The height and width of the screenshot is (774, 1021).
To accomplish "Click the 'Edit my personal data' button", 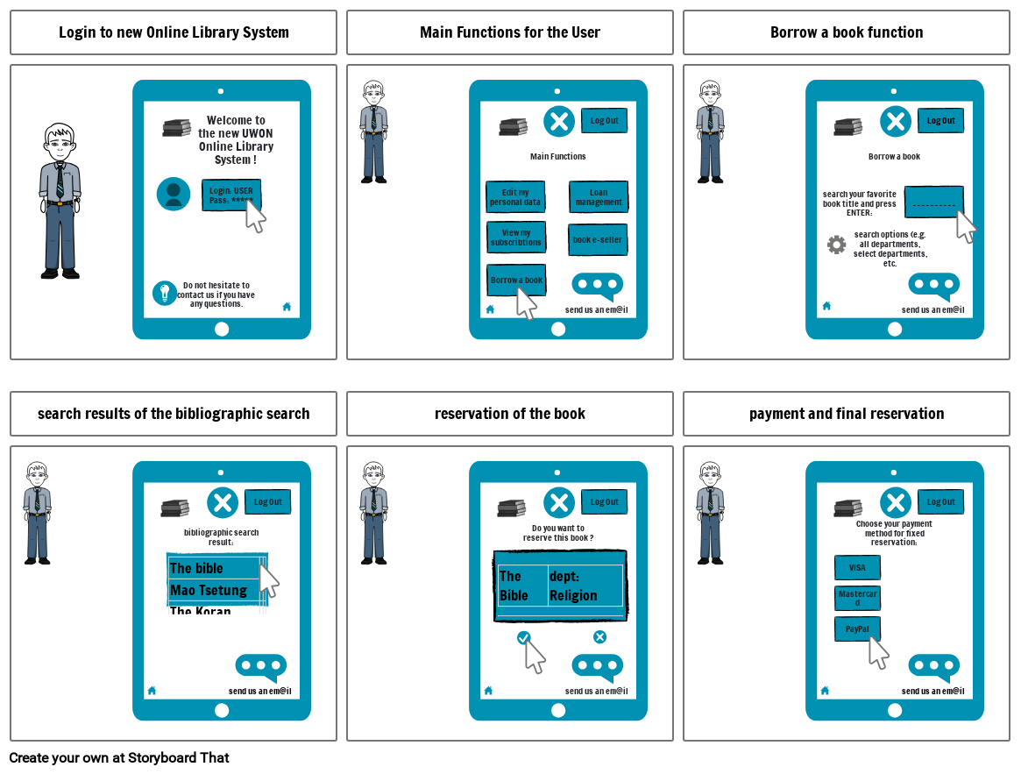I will click(x=515, y=197).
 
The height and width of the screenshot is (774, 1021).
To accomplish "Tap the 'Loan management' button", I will click(x=599, y=197).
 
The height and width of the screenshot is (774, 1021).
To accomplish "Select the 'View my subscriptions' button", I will click(x=516, y=238).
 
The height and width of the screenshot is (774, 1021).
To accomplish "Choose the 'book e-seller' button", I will click(x=598, y=239).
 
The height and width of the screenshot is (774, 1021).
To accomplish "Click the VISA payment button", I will click(x=857, y=567).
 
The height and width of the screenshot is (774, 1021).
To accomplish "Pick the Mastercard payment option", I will click(x=857, y=598).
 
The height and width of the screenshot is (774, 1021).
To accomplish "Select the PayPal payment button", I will click(x=857, y=628).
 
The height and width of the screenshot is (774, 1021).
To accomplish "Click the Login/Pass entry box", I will click(x=231, y=195).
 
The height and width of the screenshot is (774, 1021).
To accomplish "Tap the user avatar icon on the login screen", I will click(x=174, y=194).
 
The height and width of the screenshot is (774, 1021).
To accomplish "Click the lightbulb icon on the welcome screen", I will click(x=165, y=293).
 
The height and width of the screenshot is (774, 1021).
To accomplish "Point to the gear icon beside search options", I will click(x=837, y=245).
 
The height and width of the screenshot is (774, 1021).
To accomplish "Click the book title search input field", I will click(x=933, y=202).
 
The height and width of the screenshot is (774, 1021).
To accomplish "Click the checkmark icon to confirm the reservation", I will click(x=523, y=637).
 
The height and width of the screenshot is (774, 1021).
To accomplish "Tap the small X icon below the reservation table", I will click(x=599, y=637).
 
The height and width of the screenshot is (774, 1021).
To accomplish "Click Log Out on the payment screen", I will click(x=941, y=502).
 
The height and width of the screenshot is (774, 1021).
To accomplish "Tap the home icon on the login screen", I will click(x=287, y=307).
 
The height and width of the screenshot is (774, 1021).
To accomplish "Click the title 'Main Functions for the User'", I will click(x=510, y=32).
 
